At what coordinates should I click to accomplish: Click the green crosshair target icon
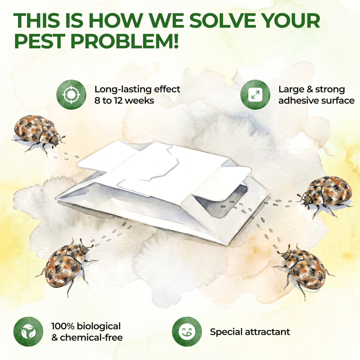click(x=71, y=95)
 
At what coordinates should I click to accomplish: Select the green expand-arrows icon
click(x=255, y=95)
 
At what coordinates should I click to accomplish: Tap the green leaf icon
click(x=28, y=332)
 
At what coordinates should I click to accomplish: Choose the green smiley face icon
click(x=187, y=332)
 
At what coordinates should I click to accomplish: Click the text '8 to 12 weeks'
click(x=124, y=101)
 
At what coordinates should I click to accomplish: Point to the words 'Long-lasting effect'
click(x=137, y=89)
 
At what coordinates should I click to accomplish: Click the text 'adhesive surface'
click(x=316, y=101)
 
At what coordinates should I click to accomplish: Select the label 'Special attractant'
click(x=250, y=332)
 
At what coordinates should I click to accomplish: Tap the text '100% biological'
click(x=86, y=326)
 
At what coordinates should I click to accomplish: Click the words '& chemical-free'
click(x=87, y=337)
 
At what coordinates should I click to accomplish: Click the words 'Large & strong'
click(x=312, y=90)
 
